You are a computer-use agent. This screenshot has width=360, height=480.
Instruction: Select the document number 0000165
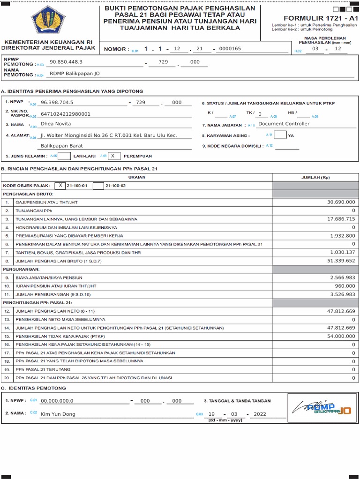coord(230,49)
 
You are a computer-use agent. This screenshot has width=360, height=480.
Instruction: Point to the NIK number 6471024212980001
coord(66,113)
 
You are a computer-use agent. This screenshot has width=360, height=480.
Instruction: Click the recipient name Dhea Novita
coord(56,124)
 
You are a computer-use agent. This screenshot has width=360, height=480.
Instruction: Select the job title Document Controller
coord(284,124)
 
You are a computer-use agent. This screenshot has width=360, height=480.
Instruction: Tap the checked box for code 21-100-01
coord(60,186)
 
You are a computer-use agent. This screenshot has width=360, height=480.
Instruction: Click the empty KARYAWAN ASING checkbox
coord(280,135)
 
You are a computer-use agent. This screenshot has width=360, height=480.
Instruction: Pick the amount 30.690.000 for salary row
coord(341,202)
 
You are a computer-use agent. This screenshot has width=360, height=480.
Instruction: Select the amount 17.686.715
coord(341,219)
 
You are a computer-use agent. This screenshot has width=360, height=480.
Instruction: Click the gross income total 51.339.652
coord(341,261)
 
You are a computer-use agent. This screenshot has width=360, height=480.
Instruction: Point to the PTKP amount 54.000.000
coord(341,336)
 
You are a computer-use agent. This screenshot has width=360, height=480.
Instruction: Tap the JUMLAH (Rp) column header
coord(315,178)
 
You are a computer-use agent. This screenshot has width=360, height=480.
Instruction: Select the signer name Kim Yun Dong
coord(58,414)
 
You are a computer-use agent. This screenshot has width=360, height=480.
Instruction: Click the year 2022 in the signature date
coord(260,414)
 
